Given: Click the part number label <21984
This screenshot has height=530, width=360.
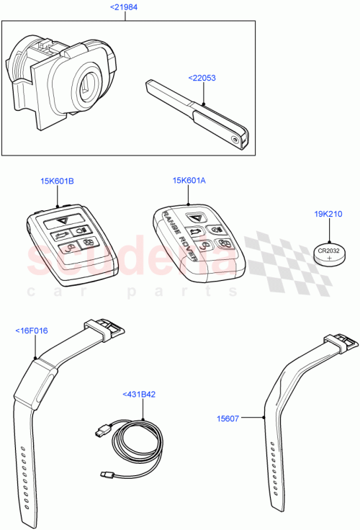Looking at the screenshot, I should (x=125, y=7).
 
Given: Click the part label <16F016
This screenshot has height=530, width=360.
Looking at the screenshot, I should (x=32, y=331).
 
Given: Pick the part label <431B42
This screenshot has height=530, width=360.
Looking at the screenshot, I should (x=141, y=395).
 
